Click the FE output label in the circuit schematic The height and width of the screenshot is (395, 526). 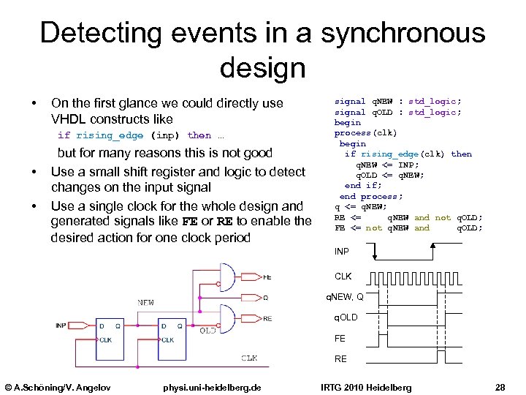click(x=267, y=277)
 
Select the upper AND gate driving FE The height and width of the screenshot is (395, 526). click(x=228, y=276)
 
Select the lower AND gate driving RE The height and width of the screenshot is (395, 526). click(x=228, y=317)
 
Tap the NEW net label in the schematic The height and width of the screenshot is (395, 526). click(x=145, y=302)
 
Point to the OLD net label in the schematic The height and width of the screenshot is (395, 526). click(x=207, y=330)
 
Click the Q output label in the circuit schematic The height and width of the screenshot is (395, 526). click(x=265, y=298)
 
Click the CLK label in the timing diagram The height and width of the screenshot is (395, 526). click(x=343, y=276)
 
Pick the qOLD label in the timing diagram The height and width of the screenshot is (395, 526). click(x=346, y=317)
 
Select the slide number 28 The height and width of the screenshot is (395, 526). click(x=500, y=386)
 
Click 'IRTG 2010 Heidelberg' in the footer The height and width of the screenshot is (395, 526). click(x=365, y=386)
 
